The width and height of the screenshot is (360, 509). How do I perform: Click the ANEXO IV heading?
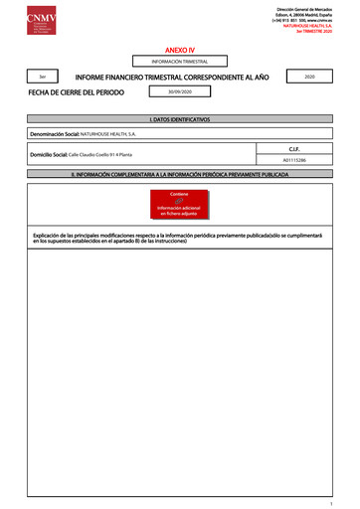pyautogui.click(x=179, y=48)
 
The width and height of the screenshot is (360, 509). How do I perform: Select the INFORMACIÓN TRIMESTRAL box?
pyautogui.click(x=179, y=62)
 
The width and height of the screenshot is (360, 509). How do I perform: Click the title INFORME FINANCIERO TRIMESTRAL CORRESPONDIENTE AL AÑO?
pyautogui.click(x=172, y=76)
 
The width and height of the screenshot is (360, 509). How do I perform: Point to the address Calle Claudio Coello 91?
pyautogui.click(x=100, y=156)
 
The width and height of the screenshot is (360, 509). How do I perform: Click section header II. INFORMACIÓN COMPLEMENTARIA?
pyautogui.click(x=179, y=173)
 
